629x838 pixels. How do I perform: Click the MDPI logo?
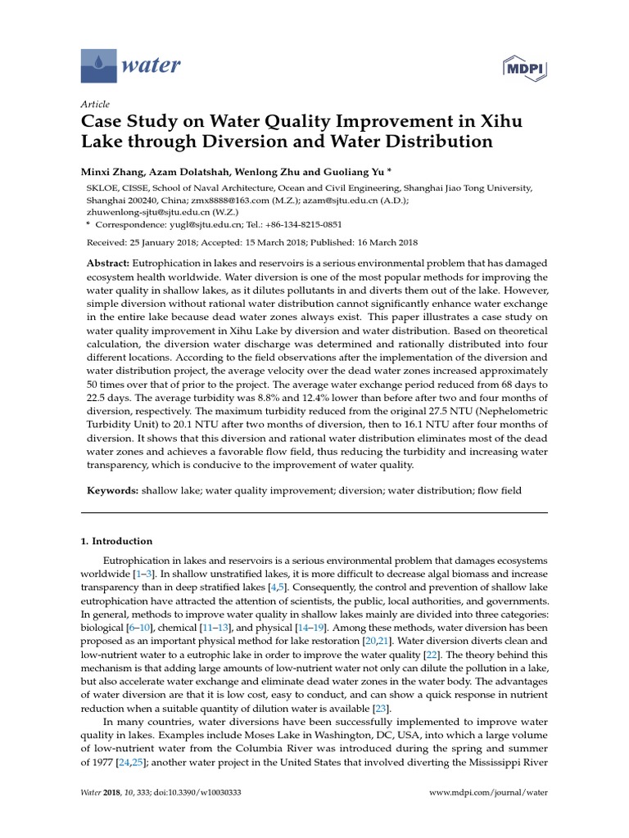point(526,65)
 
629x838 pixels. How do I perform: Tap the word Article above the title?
point(94,104)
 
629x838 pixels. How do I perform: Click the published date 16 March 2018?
point(382,242)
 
